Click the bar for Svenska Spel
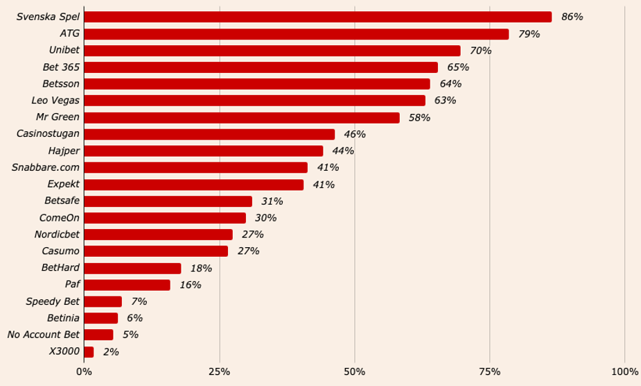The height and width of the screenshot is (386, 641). (x=317, y=17)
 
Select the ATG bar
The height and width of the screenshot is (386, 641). (x=296, y=34)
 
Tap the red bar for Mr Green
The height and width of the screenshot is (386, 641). (x=241, y=117)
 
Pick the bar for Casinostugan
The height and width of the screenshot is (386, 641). (x=209, y=134)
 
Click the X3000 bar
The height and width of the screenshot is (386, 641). (x=89, y=352)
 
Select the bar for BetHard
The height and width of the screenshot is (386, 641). (x=132, y=268)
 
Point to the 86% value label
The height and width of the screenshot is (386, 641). (x=572, y=17)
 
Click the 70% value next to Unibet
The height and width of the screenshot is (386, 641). (x=480, y=51)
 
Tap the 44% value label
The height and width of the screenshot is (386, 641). (x=343, y=151)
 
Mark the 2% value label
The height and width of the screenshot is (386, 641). (x=111, y=352)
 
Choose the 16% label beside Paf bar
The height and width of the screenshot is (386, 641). (x=190, y=285)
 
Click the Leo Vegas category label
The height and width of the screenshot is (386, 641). (x=55, y=101)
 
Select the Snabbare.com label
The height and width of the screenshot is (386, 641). (x=46, y=167)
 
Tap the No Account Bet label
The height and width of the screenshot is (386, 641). (x=44, y=335)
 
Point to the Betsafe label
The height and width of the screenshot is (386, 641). (x=62, y=201)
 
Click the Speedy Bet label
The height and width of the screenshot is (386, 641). (x=53, y=301)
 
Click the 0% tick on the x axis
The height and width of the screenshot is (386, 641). (x=84, y=372)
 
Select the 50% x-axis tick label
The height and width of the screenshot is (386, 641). (x=354, y=372)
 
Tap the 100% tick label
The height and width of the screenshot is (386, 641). (x=624, y=372)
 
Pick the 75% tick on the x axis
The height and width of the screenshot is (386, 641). (x=489, y=372)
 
